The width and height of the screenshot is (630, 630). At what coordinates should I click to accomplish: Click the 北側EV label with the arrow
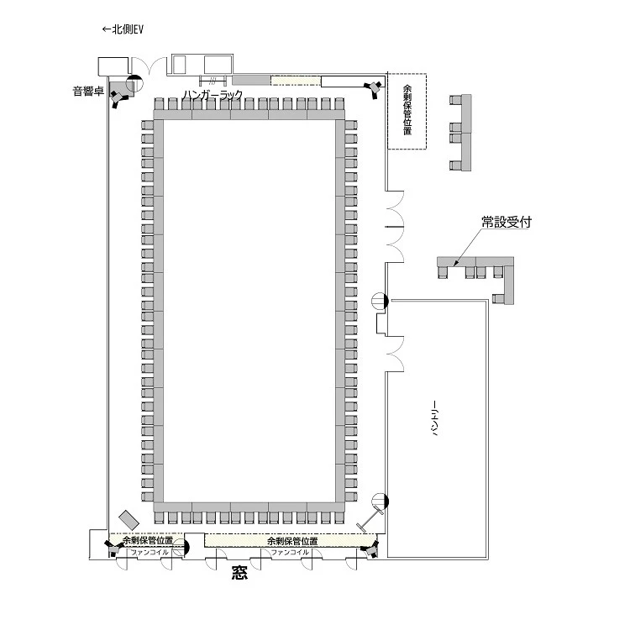pos(123,29)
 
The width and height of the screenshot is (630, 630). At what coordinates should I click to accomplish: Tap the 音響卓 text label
pos(88,92)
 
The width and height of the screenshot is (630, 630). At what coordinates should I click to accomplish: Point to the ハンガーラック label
pos(213,95)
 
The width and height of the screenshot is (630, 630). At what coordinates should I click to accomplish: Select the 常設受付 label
pos(507,222)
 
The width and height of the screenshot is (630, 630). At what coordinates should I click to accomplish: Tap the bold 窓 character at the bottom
pos(239,573)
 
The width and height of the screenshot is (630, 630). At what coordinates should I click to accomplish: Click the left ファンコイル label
pos(150,553)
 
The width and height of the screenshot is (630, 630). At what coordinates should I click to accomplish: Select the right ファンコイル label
pos(290,553)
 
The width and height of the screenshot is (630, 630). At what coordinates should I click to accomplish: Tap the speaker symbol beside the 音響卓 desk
pos(119,98)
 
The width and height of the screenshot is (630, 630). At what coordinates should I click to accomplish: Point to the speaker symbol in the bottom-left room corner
pos(113,548)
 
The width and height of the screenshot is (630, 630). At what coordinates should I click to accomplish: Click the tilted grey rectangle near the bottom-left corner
pos(129,520)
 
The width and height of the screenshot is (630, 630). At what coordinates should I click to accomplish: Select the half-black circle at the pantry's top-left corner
pos(380,301)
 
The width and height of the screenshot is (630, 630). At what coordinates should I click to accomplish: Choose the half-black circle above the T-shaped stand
pos(380,501)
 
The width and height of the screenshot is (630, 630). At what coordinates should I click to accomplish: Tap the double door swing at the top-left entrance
pos(149,66)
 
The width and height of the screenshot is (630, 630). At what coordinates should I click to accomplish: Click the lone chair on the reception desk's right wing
pos(498,298)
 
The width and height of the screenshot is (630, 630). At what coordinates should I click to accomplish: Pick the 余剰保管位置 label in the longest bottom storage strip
pos(292,541)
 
